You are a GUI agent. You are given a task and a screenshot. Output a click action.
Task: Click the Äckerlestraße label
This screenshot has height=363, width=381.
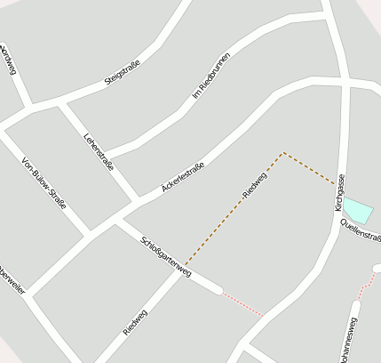(x=184, y=178)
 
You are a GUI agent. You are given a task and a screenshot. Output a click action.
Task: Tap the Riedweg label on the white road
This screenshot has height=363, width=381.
(x=136, y=323)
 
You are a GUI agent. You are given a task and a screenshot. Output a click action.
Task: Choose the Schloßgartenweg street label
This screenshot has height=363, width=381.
(x=166, y=258)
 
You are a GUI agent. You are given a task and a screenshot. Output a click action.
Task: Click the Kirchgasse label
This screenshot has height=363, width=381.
(x=340, y=192)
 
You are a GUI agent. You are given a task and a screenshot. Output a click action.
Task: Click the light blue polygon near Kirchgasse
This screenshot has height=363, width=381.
(x=357, y=210)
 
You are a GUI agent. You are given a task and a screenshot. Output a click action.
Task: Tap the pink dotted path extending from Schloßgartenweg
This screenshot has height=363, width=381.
(x=242, y=303)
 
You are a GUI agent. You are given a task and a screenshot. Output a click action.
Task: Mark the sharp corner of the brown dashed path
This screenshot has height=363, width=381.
(x=283, y=153)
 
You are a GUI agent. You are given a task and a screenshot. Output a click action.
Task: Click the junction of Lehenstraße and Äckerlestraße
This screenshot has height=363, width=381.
(x=135, y=199)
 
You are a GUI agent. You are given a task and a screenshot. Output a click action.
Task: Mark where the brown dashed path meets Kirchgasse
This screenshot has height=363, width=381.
(x=337, y=185)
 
